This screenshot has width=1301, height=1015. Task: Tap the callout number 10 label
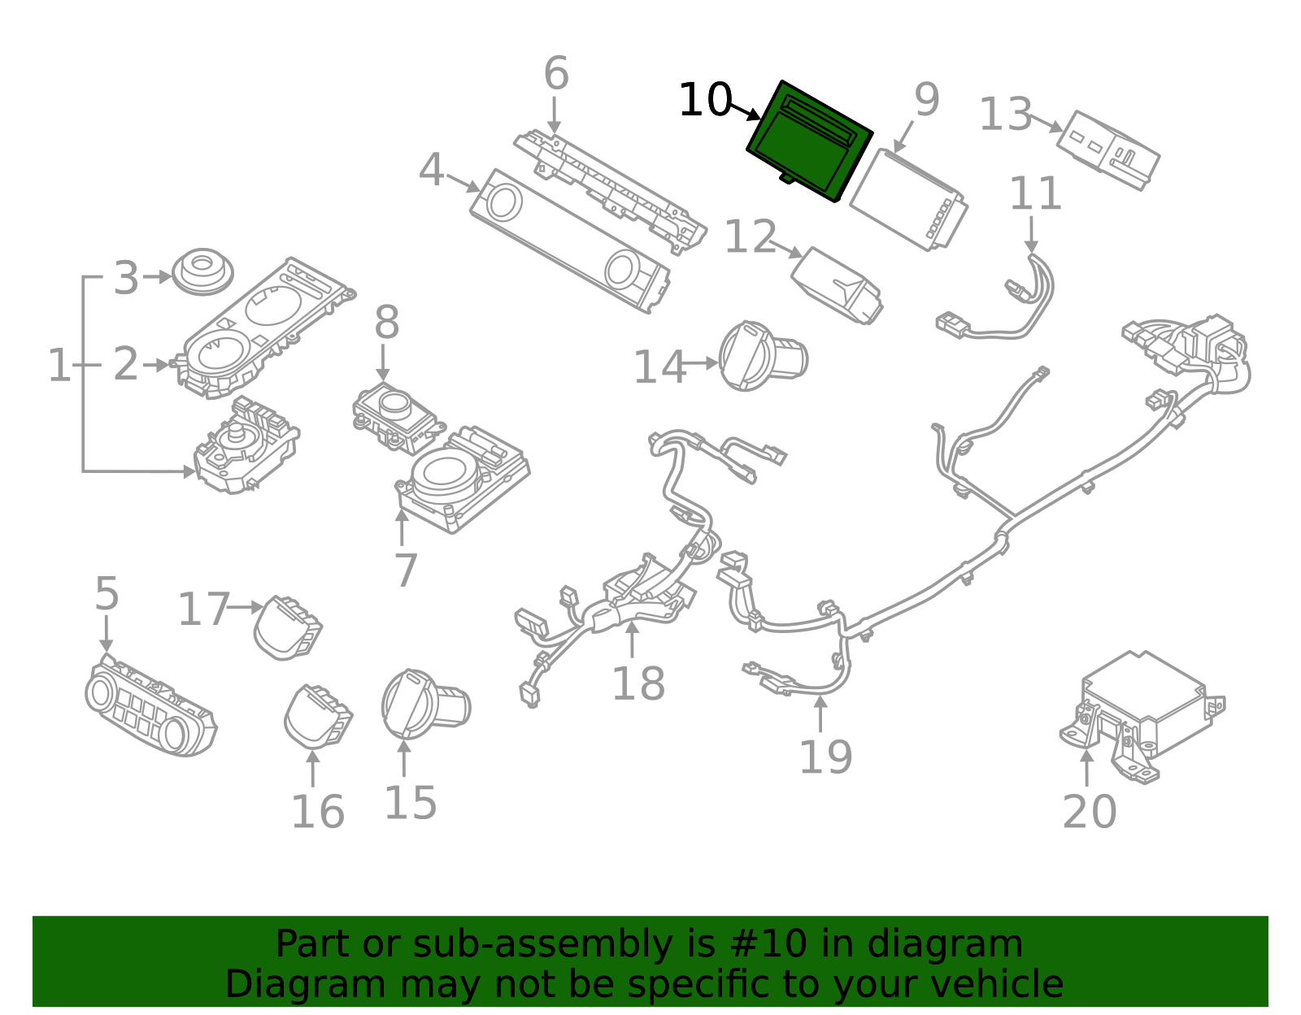click(704, 101)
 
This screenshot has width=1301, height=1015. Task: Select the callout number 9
click(926, 99)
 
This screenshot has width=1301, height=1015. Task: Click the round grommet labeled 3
click(202, 271)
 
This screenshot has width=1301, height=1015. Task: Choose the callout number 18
click(638, 683)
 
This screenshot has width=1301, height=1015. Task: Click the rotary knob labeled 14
click(761, 356)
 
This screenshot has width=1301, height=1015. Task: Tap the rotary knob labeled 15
click(423, 704)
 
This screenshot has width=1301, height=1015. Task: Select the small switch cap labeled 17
click(287, 627)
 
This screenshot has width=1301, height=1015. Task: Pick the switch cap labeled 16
click(318, 715)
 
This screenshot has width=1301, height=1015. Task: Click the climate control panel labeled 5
click(150, 707)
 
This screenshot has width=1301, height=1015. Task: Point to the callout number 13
click(1005, 115)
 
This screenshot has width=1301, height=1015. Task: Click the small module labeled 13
click(1107, 150)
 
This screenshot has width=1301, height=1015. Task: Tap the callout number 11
click(1035, 195)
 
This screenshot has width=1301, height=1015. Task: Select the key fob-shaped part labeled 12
click(838, 284)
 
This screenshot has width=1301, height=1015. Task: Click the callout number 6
click(556, 74)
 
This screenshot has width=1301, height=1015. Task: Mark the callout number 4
click(431, 171)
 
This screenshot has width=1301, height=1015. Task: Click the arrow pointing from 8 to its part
click(383, 362)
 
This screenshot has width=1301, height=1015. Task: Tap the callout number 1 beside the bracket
click(59, 365)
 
